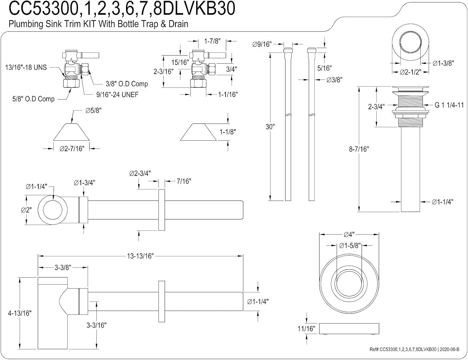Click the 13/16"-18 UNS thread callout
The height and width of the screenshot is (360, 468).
coord(26,67)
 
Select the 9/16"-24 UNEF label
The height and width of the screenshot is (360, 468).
coord(117,95)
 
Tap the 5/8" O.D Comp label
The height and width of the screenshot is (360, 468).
coord(33,99)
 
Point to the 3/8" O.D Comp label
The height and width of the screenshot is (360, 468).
coord(127,84)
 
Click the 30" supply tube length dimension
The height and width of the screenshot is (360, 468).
coord(270,127)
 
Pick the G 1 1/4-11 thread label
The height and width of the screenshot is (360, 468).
coord(449,105)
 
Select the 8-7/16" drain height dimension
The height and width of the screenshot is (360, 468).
coord(359,149)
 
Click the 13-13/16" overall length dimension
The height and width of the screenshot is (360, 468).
coord(140,256)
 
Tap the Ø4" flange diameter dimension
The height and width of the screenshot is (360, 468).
coord(349,235)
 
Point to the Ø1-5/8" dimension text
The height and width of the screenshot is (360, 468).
coord(350,246)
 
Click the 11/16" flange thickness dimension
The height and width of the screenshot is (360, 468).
coord(306,328)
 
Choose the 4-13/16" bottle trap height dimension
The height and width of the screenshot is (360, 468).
coord(20,313)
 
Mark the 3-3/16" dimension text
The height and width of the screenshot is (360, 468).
coord(96,325)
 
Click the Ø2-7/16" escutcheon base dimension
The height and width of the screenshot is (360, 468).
coord(72,148)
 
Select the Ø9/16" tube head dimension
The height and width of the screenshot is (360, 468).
coord(262,44)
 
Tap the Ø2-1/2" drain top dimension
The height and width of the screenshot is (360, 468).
coord(410,72)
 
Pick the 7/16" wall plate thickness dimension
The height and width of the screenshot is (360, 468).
coord(184,181)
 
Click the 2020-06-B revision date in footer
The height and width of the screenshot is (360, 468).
coord(450,349)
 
